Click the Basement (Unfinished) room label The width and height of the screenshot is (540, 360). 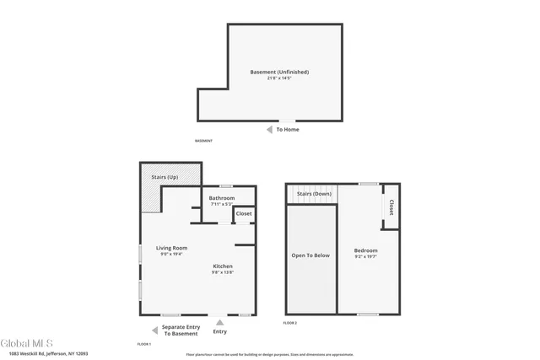279,72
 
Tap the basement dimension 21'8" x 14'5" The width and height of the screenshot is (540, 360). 279,78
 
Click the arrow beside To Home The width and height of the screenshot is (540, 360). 268,130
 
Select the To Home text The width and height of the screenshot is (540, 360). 288,130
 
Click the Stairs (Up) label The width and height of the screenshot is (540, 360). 164,177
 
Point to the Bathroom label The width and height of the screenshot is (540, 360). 222,198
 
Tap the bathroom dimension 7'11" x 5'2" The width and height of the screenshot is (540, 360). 222,204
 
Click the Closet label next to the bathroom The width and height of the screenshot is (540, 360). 244,214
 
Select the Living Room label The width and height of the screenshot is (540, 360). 171,248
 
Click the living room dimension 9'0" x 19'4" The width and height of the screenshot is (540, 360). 171,254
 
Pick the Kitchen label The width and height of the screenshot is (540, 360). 222,266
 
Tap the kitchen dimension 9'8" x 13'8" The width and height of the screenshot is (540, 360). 222,272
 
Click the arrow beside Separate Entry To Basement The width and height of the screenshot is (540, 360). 154,330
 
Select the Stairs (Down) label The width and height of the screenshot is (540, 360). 313,194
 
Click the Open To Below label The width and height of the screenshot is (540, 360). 310,255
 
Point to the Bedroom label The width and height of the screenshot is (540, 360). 365,250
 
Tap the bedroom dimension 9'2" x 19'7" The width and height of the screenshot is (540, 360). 365,256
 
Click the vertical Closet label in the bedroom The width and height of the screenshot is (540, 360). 391,207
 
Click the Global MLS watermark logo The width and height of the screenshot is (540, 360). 27,343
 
